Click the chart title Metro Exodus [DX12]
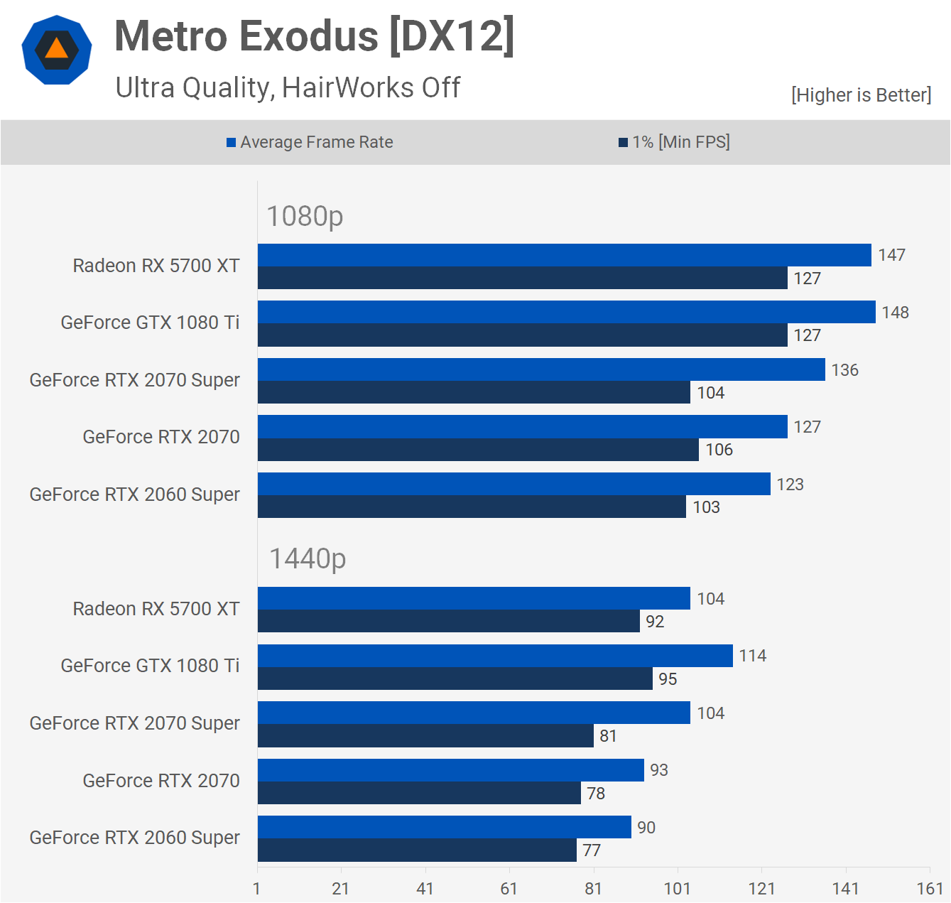[x=314, y=36]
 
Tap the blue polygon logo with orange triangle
[x=57, y=50]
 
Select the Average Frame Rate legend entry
[x=310, y=142]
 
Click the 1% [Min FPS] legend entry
[x=674, y=142]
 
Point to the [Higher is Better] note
[x=861, y=95]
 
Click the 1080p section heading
[x=305, y=216]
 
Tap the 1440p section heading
[x=308, y=559]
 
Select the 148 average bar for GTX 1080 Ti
[x=566, y=312]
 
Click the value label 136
[x=844, y=370]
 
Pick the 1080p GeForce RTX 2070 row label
[x=161, y=437]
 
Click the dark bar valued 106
[x=478, y=450]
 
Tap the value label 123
[x=790, y=485]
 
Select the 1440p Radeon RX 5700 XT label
[x=156, y=609]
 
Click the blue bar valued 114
[x=495, y=656]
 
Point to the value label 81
[x=608, y=736]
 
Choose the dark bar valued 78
[x=419, y=793]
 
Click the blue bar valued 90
[x=444, y=827]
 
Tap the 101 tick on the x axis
[x=677, y=889]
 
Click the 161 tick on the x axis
[x=929, y=889]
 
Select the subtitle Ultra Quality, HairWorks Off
[x=288, y=88]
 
